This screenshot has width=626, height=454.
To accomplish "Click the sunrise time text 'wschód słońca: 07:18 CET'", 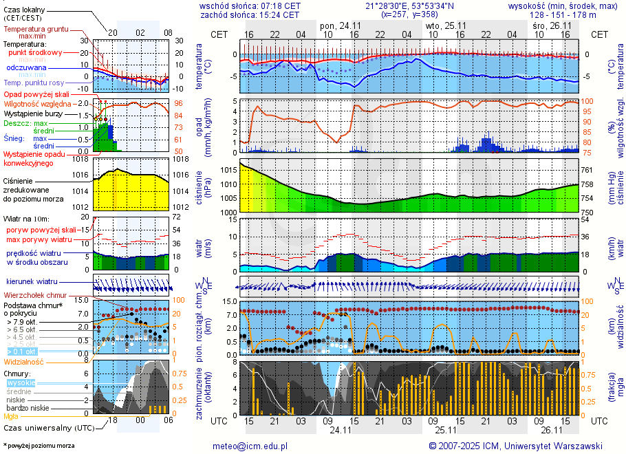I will [x=250, y=6].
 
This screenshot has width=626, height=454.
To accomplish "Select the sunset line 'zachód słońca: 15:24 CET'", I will [x=250, y=14].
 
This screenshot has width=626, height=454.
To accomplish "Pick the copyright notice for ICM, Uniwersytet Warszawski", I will [x=515, y=446].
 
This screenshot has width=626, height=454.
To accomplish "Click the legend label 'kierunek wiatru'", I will [x=32, y=282].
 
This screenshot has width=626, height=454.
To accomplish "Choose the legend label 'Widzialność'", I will [x=24, y=361].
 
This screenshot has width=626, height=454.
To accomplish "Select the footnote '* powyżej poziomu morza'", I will [x=39, y=446].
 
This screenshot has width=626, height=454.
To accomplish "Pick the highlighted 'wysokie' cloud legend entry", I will [x=21, y=382].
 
